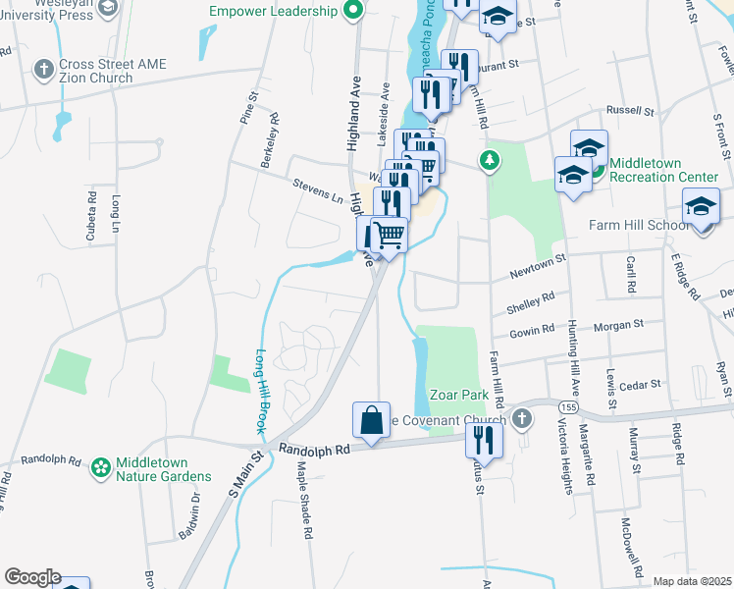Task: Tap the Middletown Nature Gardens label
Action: click(x=163, y=468)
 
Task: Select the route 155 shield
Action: click(x=567, y=406)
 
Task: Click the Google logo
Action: click(x=32, y=577)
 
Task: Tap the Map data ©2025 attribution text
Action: click(x=692, y=582)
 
